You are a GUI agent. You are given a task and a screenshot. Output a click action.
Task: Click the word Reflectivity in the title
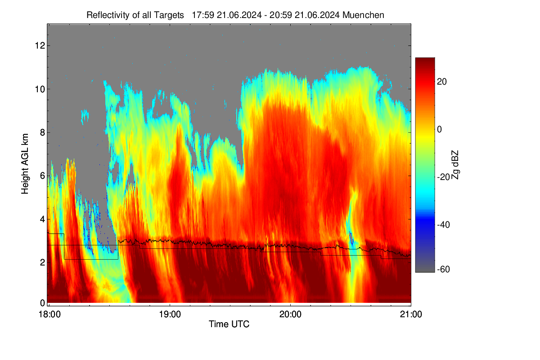click(x=108, y=15)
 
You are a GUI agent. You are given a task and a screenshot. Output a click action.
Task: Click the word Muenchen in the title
click(x=363, y=15)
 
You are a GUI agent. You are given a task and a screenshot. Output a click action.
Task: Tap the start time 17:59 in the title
click(x=203, y=15)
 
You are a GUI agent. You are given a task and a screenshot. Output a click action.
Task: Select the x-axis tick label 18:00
click(x=49, y=315)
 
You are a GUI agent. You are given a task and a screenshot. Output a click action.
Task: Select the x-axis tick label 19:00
click(x=170, y=315)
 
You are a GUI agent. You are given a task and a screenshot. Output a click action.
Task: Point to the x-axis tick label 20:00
click(x=290, y=315)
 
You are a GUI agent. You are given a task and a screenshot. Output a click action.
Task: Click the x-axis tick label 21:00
click(x=411, y=315)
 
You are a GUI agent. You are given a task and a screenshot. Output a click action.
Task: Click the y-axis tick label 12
click(x=40, y=45)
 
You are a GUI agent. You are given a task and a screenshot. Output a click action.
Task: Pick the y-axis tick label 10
click(x=40, y=89)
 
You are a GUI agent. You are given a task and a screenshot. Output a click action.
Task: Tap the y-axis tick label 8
click(x=42, y=132)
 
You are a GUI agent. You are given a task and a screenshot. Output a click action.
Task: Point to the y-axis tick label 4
click(x=42, y=220)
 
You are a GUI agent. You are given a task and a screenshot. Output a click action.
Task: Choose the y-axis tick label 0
click(x=42, y=303)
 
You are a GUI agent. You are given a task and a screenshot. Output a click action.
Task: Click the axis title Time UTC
click(x=229, y=324)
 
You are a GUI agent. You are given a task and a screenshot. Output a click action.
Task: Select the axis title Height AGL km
click(x=25, y=164)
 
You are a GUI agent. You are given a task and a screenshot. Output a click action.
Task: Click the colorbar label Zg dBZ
click(x=455, y=165)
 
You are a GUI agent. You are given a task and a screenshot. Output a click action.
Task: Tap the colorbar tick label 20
click(x=442, y=82)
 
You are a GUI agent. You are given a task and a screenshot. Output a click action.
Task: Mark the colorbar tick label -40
click(x=443, y=225)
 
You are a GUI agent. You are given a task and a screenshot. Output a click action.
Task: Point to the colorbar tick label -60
click(x=443, y=270)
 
